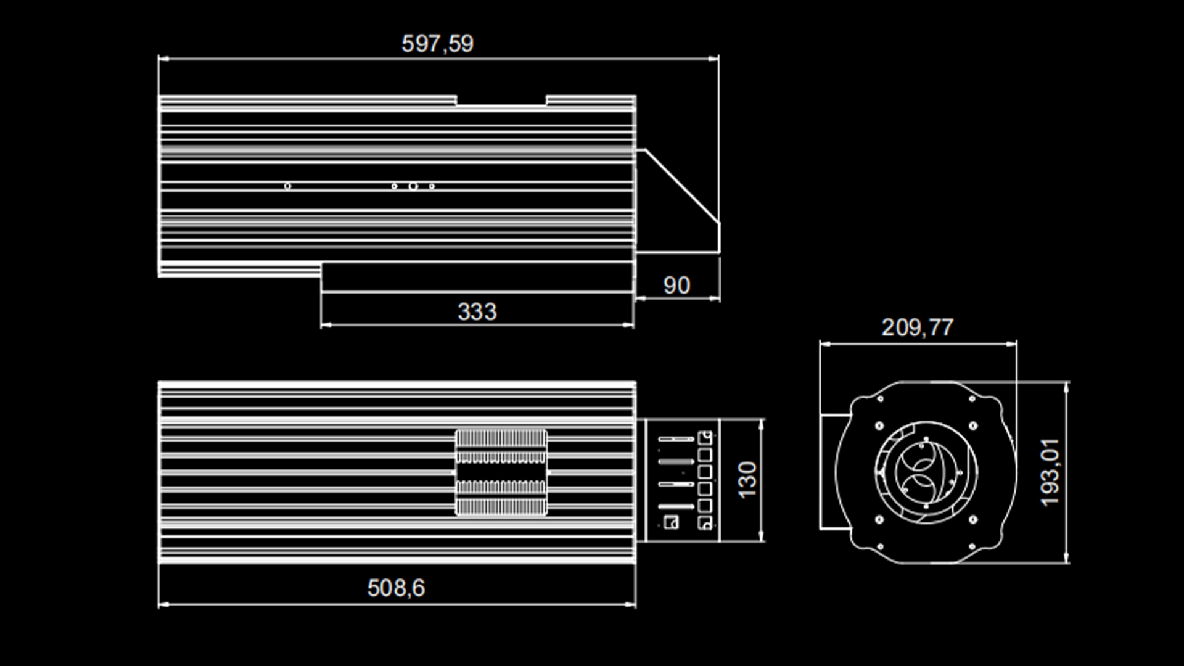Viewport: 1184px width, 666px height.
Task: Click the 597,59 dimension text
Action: (x=437, y=44)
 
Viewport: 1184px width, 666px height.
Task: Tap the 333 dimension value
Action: (x=477, y=311)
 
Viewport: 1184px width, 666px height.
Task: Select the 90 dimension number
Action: (x=676, y=285)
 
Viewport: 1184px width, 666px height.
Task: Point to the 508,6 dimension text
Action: (x=396, y=588)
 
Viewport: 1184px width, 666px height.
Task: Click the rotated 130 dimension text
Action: (x=747, y=480)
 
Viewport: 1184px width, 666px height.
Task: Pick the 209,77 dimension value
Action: (x=917, y=327)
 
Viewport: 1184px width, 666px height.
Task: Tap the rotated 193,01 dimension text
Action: (x=1050, y=472)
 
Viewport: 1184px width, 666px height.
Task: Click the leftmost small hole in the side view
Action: (x=287, y=186)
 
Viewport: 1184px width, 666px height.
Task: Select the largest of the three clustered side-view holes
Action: (x=413, y=186)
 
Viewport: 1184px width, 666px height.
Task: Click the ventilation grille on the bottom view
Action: (x=501, y=472)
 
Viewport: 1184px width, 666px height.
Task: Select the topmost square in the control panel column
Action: (x=705, y=438)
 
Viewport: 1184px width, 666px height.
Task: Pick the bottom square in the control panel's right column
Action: (x=705, y=524)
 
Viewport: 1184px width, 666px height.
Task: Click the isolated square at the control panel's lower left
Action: (x=672, y=522)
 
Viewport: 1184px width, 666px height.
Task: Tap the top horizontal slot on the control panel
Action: (x=676, y=439)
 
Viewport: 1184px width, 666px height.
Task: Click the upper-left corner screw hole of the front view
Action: (x=880, y=399)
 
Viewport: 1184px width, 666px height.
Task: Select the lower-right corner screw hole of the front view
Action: (x=972, y=546)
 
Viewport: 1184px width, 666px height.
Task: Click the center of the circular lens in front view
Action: (x=925, y=472)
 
